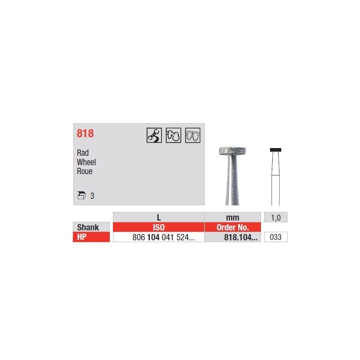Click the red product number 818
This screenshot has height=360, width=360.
click(85, 133)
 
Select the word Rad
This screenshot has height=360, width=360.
click(83, 153)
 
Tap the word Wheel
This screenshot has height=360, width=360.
click(86, 162)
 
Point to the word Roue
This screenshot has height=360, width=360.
click(85, 171)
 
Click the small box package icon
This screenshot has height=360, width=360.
click(81, 195)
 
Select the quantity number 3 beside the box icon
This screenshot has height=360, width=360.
click(92, 196)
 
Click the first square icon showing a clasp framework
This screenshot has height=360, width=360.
click(154, 135)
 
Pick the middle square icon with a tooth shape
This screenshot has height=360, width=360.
click(173, 135)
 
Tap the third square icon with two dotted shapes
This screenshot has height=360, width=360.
click(193, 135)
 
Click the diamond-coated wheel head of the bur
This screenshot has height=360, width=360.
click(232, 151)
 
